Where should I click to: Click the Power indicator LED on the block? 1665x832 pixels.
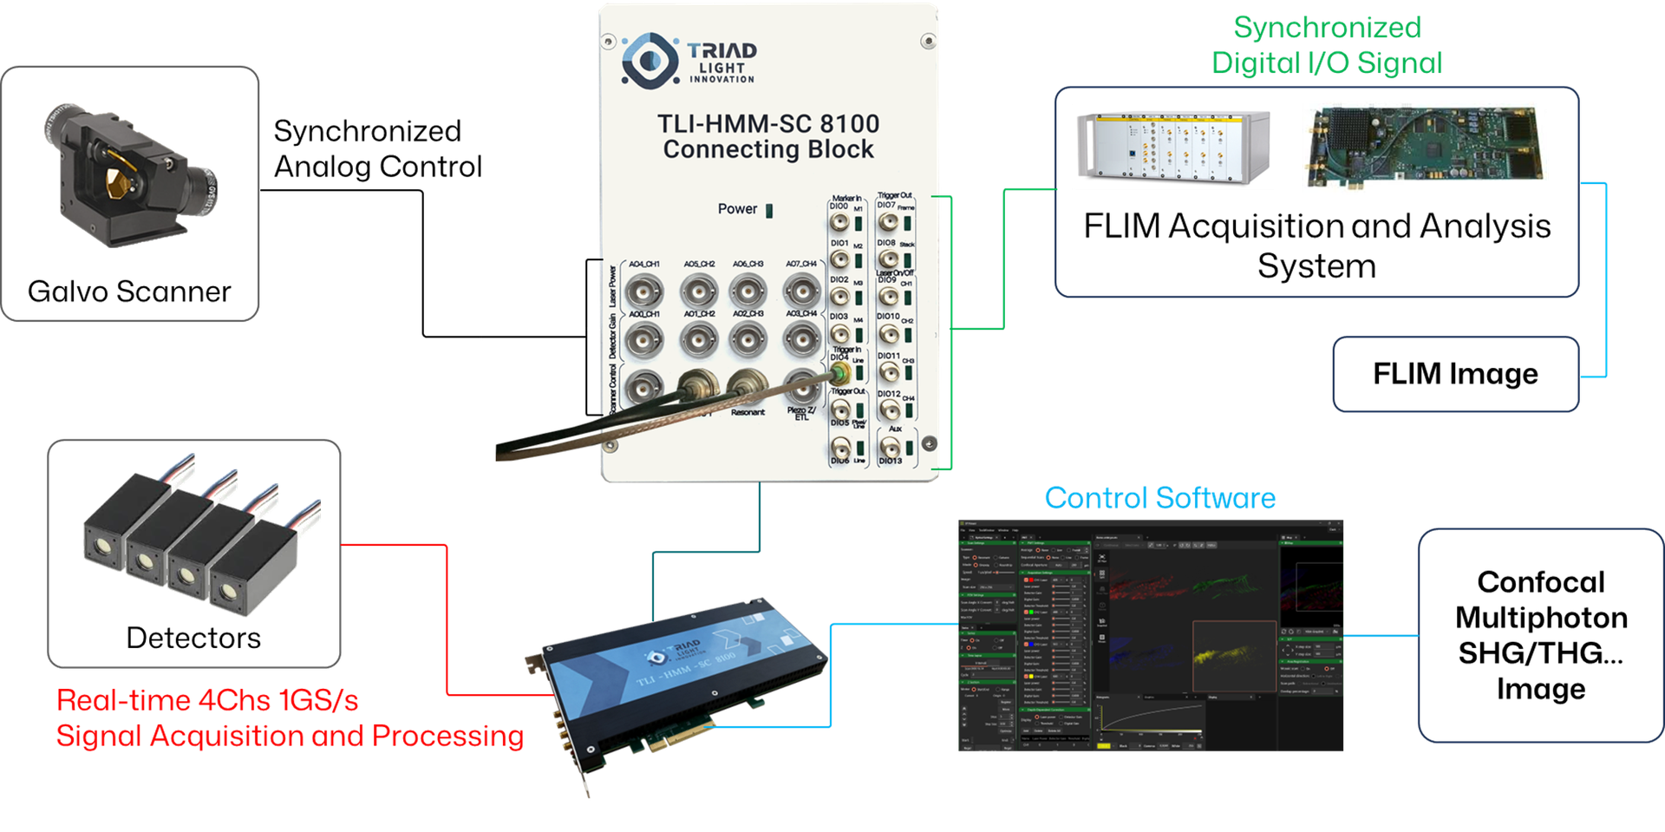click(769, 210)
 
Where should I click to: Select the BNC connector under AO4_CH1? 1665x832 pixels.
click(643, 291)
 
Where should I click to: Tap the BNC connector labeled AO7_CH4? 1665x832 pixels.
click(802, 291)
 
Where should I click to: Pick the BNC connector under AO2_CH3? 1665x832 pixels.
click(748, 339)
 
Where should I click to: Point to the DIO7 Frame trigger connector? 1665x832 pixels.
click(889, 221)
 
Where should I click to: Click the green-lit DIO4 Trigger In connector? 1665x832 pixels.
click(840, 373)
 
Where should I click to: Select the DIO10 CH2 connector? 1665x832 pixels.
click(889, 333)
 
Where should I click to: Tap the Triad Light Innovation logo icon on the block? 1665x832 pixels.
click(650, 59)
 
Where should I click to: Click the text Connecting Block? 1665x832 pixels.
click(768, 149)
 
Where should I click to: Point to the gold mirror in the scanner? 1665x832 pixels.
click(114, 180)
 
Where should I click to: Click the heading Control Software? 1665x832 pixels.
click(1159, 498)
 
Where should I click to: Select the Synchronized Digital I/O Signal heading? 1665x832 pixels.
click(1328, 45)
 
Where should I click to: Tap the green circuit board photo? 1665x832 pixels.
click(1425, 147)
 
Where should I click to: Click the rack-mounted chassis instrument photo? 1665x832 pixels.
click(1172, 146)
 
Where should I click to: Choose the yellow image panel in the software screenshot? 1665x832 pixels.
click(1233, 656)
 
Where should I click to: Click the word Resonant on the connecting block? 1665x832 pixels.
click(748, 412)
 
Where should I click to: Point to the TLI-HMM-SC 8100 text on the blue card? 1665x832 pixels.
click(686, 669)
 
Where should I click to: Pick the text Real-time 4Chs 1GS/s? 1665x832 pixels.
click(208, 700)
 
